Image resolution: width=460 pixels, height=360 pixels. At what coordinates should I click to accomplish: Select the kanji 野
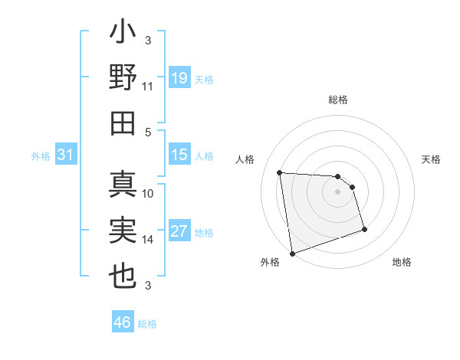(x=123, y=77)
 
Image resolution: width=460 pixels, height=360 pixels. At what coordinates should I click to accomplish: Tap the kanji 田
(x=123, y=123)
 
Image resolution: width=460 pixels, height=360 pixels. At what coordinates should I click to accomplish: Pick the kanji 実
(x=123, y=231)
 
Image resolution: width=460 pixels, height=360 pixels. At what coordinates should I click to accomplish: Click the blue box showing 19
(x=179, y=77)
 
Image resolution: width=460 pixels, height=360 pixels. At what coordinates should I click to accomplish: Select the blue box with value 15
(x=179, y=155)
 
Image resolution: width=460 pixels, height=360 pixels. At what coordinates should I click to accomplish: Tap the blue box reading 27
(x=179, y=231)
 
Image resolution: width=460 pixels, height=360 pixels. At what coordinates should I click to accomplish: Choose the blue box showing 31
(x=65, y=155)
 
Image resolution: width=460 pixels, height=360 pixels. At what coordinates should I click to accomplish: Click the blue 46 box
(x=123, y=322)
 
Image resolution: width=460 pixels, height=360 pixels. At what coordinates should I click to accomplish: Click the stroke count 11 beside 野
(x=148, y=87)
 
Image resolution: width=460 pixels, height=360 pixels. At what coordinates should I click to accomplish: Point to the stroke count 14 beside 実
(x=148, y=240)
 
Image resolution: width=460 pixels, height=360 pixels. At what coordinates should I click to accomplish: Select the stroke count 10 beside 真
(x=148, y=194)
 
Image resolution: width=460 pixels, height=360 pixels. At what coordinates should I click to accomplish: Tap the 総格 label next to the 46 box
(x=147, y=324)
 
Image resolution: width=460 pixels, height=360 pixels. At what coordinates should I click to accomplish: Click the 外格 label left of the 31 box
(x=41, y=156)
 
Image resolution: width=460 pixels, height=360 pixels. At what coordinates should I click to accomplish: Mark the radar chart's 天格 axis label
(x=432, y=159)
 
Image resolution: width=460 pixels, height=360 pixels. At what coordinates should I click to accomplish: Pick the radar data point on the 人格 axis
(x=280, y=172)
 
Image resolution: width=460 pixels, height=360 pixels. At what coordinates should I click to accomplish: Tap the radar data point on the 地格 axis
(x=364, y=229)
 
